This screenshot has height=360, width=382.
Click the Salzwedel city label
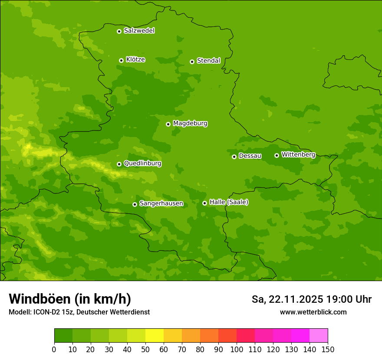139,31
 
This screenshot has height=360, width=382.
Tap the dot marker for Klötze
121,60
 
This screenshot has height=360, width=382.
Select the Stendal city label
208,61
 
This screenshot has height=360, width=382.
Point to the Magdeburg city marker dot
168,124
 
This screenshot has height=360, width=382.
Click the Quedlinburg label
142,164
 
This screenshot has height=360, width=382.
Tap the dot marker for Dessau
234,157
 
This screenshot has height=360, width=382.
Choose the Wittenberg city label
298,154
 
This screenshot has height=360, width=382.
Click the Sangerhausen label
161,203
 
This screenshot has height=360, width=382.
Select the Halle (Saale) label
229,202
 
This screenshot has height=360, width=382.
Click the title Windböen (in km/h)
69,299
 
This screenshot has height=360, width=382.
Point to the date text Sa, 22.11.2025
287,299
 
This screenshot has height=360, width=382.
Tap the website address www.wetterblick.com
313,312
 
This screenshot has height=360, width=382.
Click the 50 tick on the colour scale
145,349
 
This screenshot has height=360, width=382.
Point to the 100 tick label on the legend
237,349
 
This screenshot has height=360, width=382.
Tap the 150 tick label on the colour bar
328,349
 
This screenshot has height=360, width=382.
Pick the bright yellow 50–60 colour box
155,336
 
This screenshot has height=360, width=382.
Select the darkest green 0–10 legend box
63,336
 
